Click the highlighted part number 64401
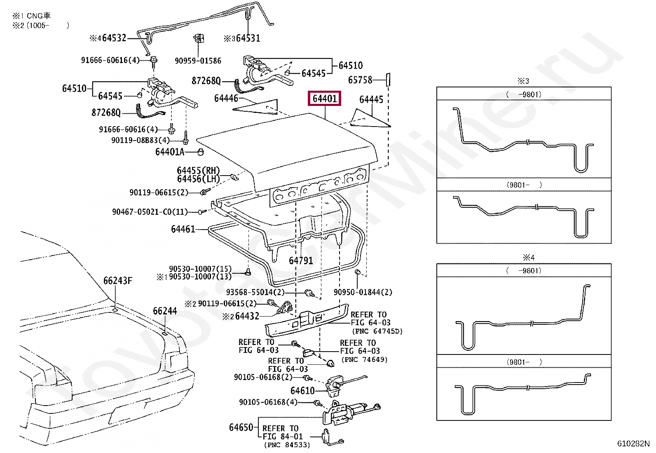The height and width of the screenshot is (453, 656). point(324,99)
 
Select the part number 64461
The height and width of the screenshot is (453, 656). point(183,229)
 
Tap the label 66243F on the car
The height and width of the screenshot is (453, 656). point(118,281)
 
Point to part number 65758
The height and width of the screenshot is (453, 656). point(360,80)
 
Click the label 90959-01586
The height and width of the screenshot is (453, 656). point(198,61)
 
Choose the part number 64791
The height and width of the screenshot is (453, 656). point(301,261)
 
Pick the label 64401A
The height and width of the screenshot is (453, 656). point(170,152)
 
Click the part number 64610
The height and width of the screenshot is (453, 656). point(302,391)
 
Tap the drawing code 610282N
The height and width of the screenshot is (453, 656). point(633,444)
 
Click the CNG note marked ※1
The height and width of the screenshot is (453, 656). point(31,16)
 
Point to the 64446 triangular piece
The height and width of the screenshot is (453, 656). point(255,106)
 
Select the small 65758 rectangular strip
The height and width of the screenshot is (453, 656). point(388,80)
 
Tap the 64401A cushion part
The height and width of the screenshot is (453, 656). point(201,152)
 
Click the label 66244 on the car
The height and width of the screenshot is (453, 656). point(165,311)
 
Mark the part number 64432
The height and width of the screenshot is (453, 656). point(247,316)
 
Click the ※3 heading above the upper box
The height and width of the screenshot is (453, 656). point(523,80)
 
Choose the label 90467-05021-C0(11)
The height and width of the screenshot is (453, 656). point(150,211)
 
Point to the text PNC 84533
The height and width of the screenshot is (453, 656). point(287,445)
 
